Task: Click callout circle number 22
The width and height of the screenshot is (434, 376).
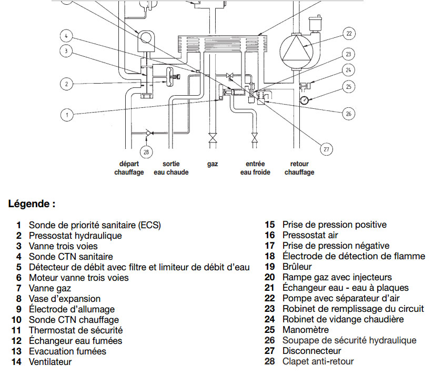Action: point(348,34)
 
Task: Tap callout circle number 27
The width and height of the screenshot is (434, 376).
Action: point(327,149)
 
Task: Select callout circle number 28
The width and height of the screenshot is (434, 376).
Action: point(146,153)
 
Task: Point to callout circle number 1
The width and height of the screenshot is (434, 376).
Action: point(66,114)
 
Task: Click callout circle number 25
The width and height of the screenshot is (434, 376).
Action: point(348,86)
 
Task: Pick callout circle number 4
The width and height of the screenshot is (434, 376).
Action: point(66,37)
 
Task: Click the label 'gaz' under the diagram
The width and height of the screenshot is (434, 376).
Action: point(213,164)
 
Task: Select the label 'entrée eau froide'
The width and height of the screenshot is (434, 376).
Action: point(255,168)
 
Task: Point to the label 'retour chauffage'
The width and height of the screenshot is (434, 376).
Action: point(299,168)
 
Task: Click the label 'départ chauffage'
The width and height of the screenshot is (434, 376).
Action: point(129,168)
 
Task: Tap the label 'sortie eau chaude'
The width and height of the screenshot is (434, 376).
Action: point(171,168)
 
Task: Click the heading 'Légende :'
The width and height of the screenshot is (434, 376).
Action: point(32,204)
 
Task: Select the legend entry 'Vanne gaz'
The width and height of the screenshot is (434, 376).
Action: point(49,288)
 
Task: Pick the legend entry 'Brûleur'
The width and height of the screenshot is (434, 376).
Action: point(297,267)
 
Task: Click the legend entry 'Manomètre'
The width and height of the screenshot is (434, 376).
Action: point(305,330)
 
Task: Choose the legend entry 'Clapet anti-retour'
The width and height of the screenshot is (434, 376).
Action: point(318,362)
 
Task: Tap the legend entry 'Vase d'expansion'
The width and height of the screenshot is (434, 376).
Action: point(64,299)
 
